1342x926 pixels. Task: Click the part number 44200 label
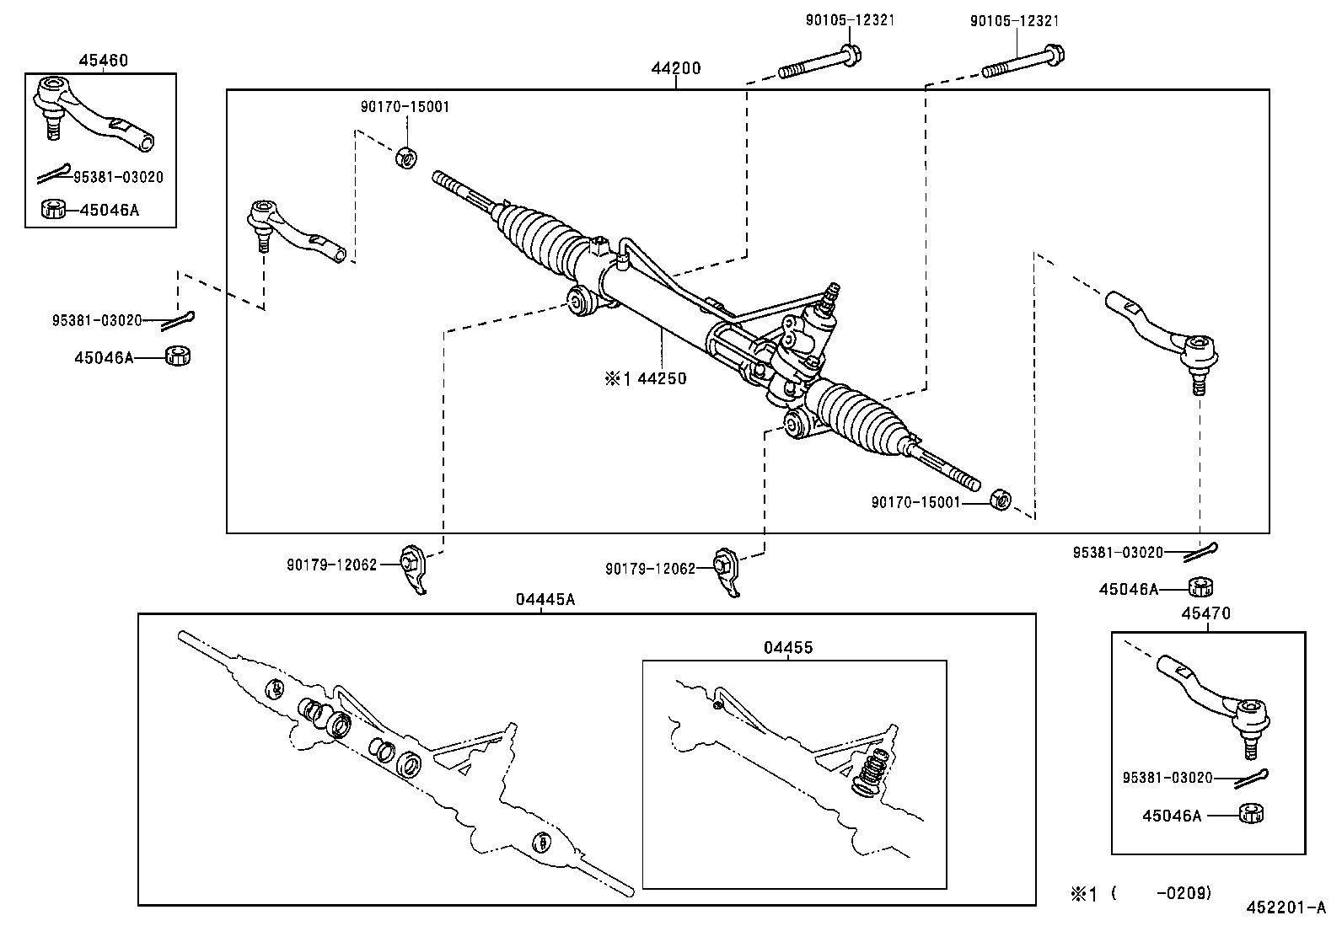(x=675, y=68)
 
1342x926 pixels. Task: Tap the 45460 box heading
(x=103, y=61)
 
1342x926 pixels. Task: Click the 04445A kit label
(x=545, y=599)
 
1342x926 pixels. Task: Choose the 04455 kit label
(x=788, y=647)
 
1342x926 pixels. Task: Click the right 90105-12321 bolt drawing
(x=1022, y=62)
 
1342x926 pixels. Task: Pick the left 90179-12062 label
(x=331, y=565)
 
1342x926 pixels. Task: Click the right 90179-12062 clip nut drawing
(x=726, y=573)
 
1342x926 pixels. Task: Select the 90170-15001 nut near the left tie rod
(x=405, y=158)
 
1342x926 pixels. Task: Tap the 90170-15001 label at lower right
(x=915, y=502)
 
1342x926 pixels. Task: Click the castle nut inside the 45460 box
(x=53, y=208)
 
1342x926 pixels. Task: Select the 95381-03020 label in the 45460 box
(x=119, y=177)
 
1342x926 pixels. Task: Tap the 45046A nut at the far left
(x=178, y=356)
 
